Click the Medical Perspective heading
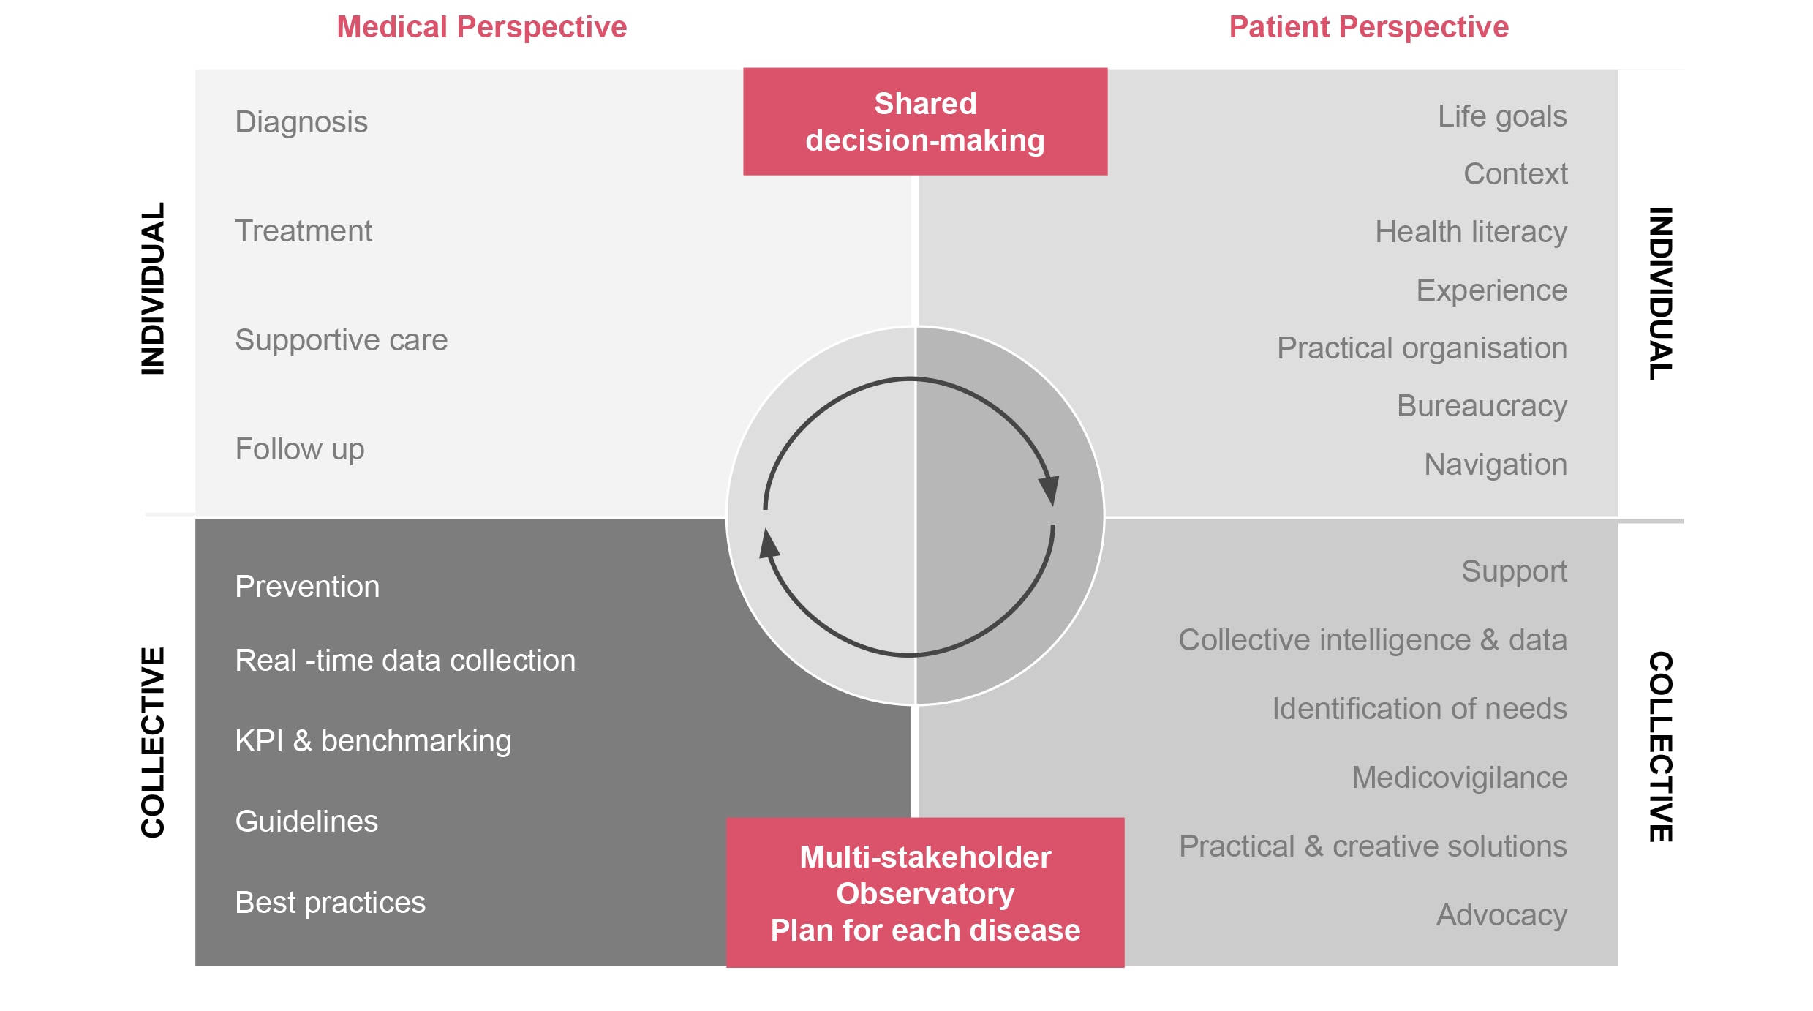(481, 28)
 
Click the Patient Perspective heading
(1368, 28)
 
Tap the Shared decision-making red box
(925, 121)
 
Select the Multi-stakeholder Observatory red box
(925, 892)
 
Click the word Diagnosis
(301, 122)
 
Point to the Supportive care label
(341, 340)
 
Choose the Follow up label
(299, 449)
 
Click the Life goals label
(1502, 116)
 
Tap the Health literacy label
(1471, 232)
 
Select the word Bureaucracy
(1482, 406)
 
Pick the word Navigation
(1496, 465)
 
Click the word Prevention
(307, 587)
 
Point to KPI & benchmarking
(373, 741)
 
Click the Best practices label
(330, 903)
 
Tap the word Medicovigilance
(1459, 778)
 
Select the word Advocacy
(1501, 915)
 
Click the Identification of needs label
(1420, 709)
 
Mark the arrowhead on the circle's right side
(1050, 489)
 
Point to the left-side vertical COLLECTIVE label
(153, 742)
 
